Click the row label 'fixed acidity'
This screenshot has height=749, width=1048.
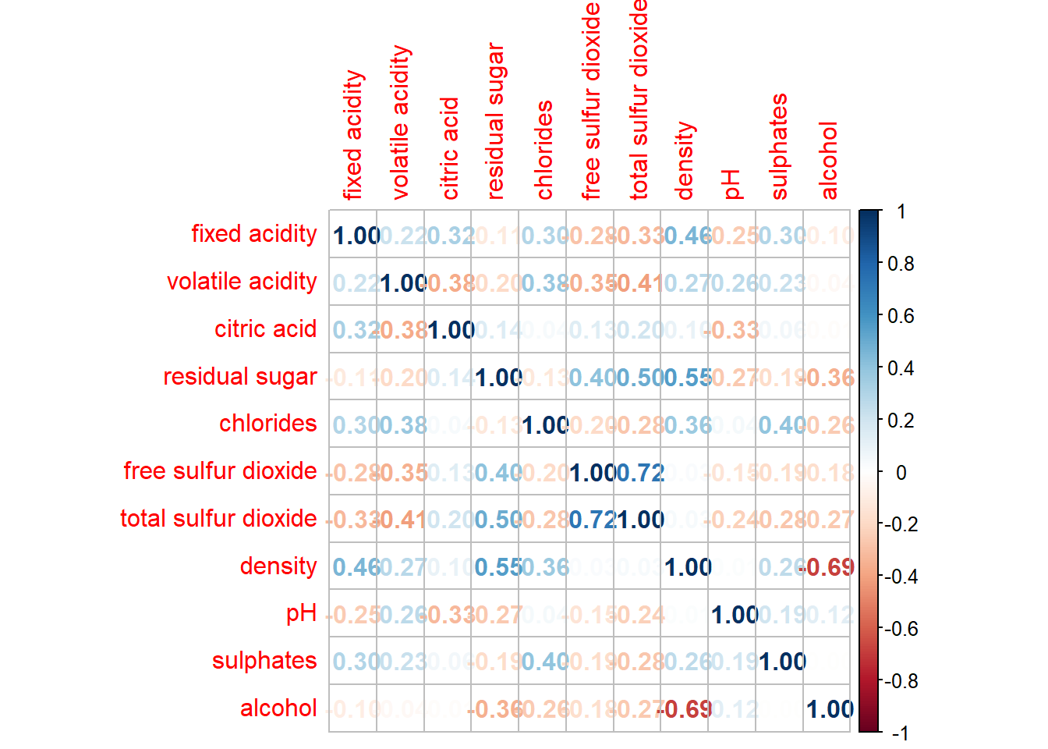click(x=254, y=234)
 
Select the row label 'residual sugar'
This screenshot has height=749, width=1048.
click(x=240, y=377)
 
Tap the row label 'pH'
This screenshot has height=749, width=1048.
click(x=301, y=614)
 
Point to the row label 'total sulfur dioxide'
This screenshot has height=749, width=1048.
click(x=218, y=519)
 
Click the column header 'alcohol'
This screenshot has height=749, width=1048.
click(x=828, y=161)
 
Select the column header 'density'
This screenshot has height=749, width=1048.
click(x=684, y=161)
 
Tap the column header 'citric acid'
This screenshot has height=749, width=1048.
click(x=449, y=148)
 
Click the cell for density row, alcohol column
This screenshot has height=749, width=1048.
click(x=827, y=567)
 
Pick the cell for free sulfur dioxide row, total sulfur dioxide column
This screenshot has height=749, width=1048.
click(x=637, y=472)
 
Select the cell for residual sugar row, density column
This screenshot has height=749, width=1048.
click(x=685, y=378)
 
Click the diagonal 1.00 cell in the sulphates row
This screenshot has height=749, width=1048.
click(x=779, y=662)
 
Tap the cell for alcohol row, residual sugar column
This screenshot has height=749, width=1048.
click(x=495, y=709)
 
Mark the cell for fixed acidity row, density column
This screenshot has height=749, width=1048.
click(x=685, y=235)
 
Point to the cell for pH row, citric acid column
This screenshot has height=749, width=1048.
click(x=448, y=615)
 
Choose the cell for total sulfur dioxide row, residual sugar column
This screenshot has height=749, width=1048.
click(x=495, y=520)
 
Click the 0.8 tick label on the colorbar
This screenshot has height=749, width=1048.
click(x=901, y=264)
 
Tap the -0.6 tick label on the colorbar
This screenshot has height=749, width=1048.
click(x=901, y=629)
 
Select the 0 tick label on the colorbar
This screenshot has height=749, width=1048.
click(x=901, y=472)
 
